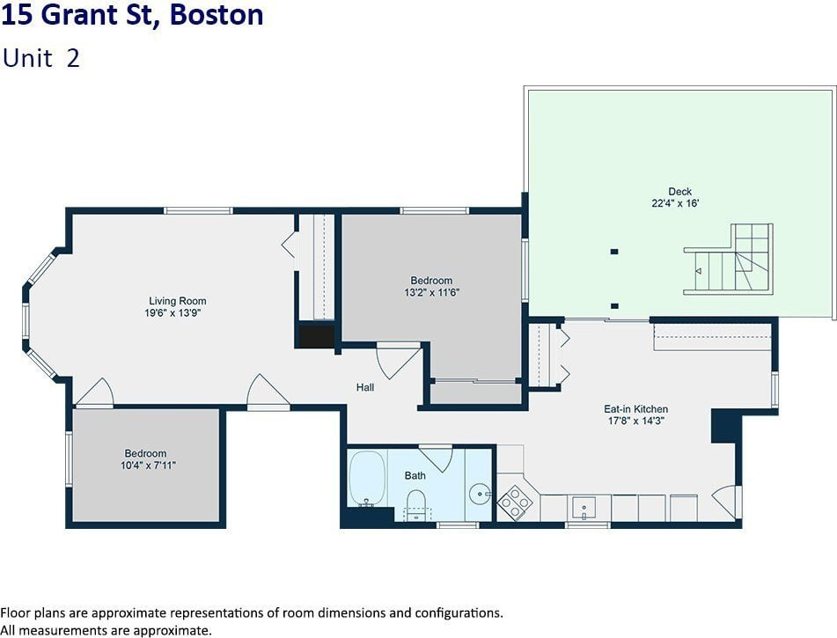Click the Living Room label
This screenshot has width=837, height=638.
coord(177,301)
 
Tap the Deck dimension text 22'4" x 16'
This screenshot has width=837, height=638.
coord(675,203)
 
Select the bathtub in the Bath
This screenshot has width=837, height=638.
coord(367,479)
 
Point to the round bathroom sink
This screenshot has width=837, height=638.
coord(481,494)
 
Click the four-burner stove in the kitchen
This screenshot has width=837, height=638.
coord(515,502)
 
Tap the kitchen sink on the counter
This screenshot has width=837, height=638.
coord(584,508)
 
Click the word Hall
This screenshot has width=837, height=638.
coord(365,387)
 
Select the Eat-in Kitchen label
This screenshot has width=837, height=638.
coord(635,409)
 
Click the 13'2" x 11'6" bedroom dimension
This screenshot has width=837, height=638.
coord(432,292)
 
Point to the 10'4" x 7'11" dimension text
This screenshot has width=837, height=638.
coord(148,466)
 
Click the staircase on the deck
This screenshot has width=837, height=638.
coord(729,259)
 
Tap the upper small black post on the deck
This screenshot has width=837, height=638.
coord(614,252)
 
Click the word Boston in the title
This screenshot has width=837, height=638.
coord(217,14)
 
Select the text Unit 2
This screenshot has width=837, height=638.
coord(41,58)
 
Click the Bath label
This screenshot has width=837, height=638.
coord(415,476)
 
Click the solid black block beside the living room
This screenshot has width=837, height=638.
coord(316,336)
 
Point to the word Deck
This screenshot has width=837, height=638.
coord(680,191)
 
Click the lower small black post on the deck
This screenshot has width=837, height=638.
coord(614,306)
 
